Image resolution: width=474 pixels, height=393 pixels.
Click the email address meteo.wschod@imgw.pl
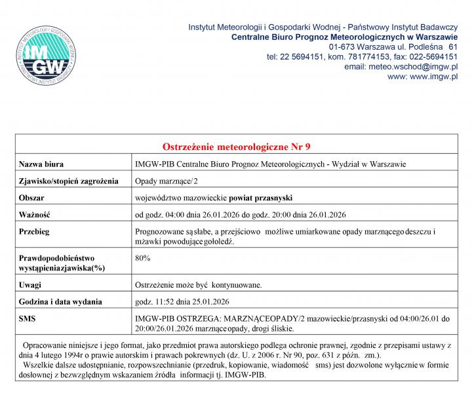coord(401,67)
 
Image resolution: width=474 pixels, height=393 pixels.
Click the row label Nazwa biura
coord(41,163)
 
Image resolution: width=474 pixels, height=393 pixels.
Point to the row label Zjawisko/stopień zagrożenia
coord(68,180)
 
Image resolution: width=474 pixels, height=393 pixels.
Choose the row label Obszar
coord(32,197)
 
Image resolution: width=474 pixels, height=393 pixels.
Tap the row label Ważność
coord(34,214)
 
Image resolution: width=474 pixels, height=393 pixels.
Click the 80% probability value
coord(142,258)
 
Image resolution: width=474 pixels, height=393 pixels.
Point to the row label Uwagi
coord(30,285)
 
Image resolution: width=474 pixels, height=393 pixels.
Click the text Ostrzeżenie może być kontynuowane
coord(199,285)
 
